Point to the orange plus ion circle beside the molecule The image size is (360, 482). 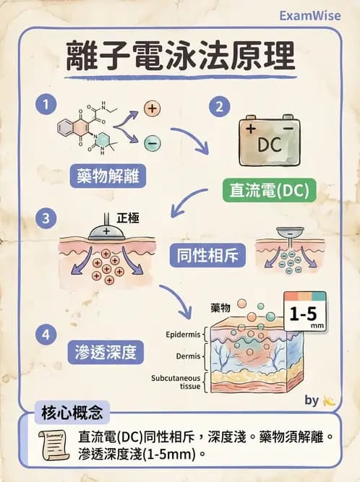[x=153, y=109]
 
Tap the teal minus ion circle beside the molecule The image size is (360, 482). [x=153, y=143]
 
